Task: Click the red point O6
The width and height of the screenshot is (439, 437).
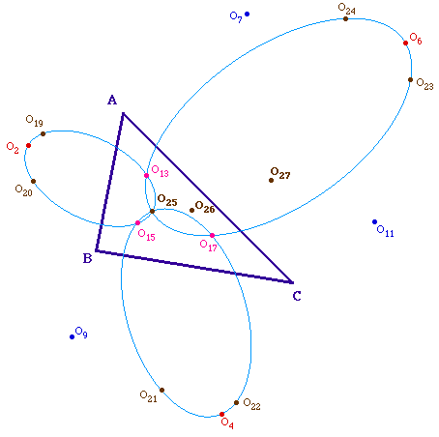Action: pos(405,43)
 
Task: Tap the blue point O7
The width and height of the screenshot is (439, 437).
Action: pos(247,14)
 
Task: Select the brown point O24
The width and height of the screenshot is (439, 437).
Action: pos(345,18)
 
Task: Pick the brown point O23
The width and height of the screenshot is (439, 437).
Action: pos(410,79)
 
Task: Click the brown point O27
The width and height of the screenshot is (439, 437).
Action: pos(271,180)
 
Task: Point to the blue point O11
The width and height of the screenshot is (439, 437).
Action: pos(374,221)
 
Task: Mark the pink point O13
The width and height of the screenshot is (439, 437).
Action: pos(146,175)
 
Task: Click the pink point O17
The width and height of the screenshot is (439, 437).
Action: pos(212,235)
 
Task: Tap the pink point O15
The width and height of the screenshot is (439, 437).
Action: pos(137,222)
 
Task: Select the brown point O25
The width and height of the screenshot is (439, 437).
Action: pos(152,211)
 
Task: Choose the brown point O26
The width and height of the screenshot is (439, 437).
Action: pos(191,210)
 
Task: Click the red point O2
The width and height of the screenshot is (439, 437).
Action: pos(28,145)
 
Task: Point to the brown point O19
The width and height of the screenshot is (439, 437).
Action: pos(43,133)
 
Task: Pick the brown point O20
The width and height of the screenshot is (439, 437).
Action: pos(33,181)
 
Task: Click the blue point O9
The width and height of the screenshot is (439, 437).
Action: pos(72,336)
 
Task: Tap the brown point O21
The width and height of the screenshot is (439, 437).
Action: pos(161,390)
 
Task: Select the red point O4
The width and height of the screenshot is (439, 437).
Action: pos(221,414)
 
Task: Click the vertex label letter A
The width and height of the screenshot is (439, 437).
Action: pos(112,100)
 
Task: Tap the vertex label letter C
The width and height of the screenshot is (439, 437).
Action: pos(297,296)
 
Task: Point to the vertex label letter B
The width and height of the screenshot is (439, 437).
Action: pos(88,258)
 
